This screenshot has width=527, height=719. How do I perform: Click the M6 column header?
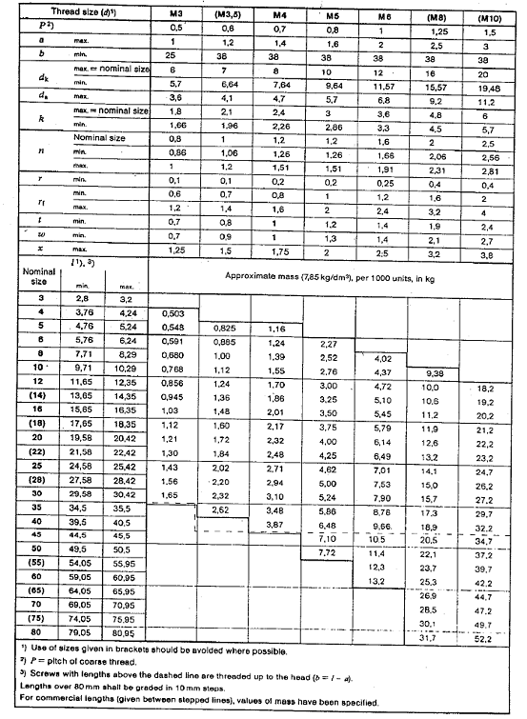click(x=383, y=17)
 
